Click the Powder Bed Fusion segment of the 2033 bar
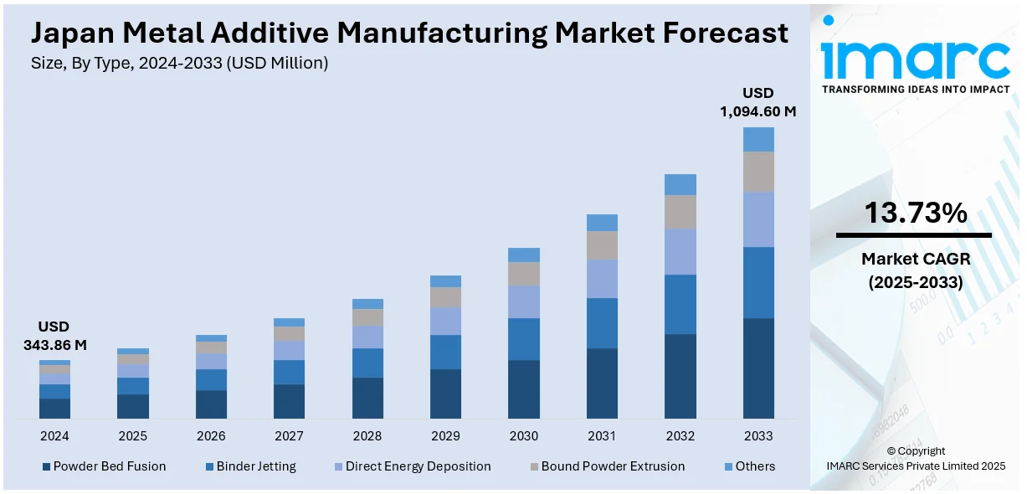click(x=758, y=368)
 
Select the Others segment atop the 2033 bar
click(x=758, y=139)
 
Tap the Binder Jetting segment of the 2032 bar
click(x=680, y=304)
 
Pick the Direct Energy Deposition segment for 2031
click(x=602, y=279)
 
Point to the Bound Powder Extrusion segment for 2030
click(x=524, y=274)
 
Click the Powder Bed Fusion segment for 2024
click(x=54, y=409)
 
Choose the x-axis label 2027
click(x=289, y=436)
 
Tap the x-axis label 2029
click(x=445, y=436)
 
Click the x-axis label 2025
click(x=132, y=436)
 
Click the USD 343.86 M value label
click(x=54, y=335)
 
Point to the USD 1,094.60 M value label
click(x=758, y=101)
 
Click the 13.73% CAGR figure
click(x=915, y=214)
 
